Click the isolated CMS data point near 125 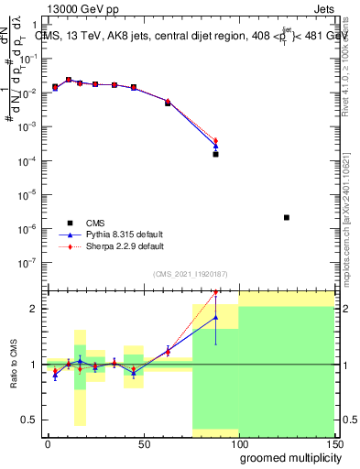pos(287,217)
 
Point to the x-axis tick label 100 pos(238,444)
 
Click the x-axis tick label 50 pos(143,444)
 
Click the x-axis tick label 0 pos(48,444)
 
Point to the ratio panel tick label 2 pos(35,309)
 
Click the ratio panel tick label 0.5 pos(30,420)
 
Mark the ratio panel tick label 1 pos(35,365)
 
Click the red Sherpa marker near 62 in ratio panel pos(168,350)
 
